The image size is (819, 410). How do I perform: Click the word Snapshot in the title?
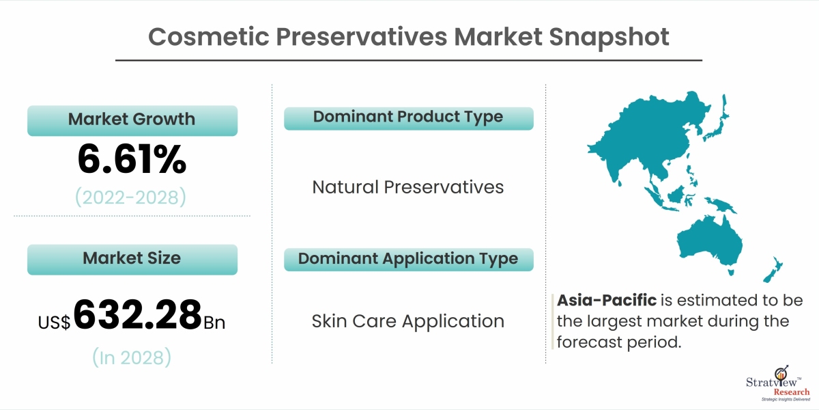click(609, 38)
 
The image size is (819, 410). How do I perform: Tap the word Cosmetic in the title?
click(209, 37)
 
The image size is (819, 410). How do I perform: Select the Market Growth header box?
click(132, 120)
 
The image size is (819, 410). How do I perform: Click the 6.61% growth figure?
click(132, 159)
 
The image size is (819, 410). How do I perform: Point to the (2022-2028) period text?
click(130, 197)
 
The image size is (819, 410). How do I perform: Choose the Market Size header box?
click(132, 259)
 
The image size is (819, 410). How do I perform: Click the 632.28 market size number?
click(137, 314)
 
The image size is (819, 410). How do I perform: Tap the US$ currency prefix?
click(54, 323)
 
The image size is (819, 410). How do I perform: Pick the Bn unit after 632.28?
click(214, 323)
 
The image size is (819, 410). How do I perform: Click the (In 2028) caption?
click(132, 357)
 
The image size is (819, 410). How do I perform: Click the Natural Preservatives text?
click(408, 187)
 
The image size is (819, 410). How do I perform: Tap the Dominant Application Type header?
click(409, 260)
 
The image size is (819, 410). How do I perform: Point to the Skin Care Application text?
click(408, 321)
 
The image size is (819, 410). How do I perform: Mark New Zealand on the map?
click(772, 270)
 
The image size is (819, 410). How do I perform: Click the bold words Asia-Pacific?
click(607, 300)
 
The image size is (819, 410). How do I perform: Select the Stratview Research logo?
click(778, 383)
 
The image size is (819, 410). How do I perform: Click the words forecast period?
click(619, 342)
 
